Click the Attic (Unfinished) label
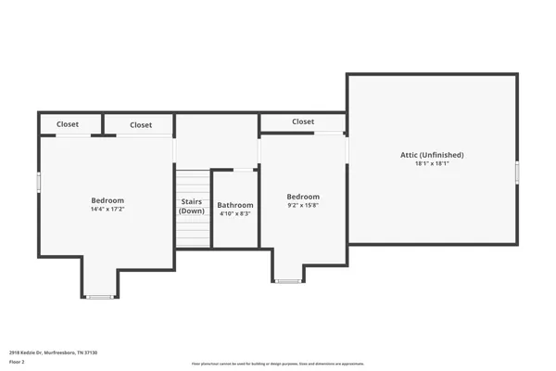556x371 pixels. point(432,155)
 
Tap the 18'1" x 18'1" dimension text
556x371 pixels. point(432,164)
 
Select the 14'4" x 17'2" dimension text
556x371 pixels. point(107,210)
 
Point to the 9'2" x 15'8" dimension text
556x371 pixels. point(303,206)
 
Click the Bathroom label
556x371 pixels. point(235,205)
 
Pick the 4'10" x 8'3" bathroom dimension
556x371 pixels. point(235,214)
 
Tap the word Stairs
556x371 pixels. point(192,200)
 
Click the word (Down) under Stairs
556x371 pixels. point(192,211)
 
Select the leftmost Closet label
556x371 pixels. point(68,124)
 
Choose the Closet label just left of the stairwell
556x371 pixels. point(141,125)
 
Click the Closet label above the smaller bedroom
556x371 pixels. point(303,122)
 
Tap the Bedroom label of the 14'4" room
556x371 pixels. point(107,200)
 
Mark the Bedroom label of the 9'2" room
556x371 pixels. point(303,197)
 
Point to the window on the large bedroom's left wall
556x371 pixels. point(38,182)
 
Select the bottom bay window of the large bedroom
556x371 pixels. point(98,297)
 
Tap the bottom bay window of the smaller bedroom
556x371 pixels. point(288,281)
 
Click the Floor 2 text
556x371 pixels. point(19,363)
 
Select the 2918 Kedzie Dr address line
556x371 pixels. point(53,352)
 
